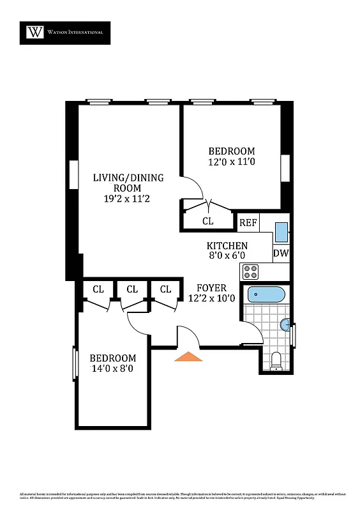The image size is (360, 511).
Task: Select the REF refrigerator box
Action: point(248,223)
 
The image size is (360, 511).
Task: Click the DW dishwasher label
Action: point(281,253)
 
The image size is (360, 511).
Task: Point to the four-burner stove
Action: point(251,271)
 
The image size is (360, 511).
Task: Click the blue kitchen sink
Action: point(281,231)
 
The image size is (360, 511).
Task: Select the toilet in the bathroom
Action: point(276,360)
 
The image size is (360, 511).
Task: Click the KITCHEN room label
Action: point(227,246)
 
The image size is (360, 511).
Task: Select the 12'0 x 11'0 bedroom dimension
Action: point(232,162)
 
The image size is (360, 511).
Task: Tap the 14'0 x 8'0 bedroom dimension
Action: point(112,369)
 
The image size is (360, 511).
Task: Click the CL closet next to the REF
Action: point(208,221)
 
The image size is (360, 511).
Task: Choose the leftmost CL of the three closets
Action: point(98,289)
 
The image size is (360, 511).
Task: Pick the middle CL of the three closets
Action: point(131,289)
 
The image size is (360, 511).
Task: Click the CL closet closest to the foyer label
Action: point(165,289)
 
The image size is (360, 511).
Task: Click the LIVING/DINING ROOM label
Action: point(128,183)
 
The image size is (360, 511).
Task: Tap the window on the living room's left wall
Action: point(72,174)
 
